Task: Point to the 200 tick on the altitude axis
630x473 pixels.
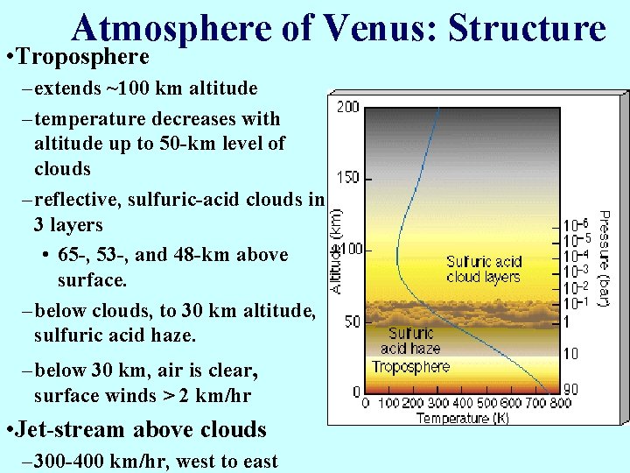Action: (x=347, y=107)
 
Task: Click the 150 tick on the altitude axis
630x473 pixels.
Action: (x=347, y=178)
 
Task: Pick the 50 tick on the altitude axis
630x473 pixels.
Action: (x=350, y=321)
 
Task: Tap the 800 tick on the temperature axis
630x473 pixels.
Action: (x=559, y=404)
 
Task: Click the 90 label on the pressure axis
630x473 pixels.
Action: (x=570, y=390)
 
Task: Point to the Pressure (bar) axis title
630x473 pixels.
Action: (x=603, y=258)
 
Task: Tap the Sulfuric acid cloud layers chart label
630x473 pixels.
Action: (x=483, y=269)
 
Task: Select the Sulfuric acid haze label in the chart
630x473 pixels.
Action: (x=410, y=341)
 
